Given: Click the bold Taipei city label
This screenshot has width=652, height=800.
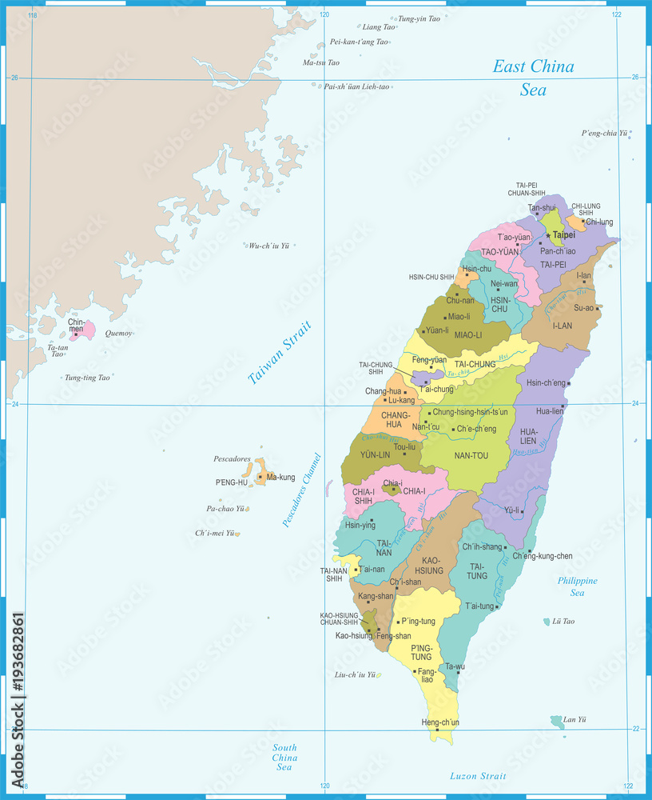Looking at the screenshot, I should click(564, 236).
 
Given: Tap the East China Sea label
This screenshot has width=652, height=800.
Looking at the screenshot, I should click(533, 78).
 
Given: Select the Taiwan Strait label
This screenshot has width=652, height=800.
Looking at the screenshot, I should click(279, 353).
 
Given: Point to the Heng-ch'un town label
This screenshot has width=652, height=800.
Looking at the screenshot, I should click(440, 722).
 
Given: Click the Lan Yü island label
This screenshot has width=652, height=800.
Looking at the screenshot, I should click(575, 720).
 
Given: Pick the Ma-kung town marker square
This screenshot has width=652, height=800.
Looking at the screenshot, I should click(260, 477).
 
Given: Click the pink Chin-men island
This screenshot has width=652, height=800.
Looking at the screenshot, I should click(83, 330).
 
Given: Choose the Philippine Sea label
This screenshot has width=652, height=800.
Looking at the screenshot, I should click(577, 586).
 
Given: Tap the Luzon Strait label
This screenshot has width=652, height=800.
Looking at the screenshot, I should click(478, 776).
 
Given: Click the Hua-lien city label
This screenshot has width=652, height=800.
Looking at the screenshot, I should click(549, 411).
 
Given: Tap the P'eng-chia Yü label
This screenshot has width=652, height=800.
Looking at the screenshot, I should click(604, 133).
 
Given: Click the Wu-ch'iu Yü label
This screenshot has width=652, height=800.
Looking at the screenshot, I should click(268, 246).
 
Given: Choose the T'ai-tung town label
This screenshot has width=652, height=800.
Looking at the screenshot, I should click(480, 606).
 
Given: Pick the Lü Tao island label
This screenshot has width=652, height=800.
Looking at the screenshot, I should click(563, 621).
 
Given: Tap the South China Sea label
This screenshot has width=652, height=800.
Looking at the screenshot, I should click(284, 757).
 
